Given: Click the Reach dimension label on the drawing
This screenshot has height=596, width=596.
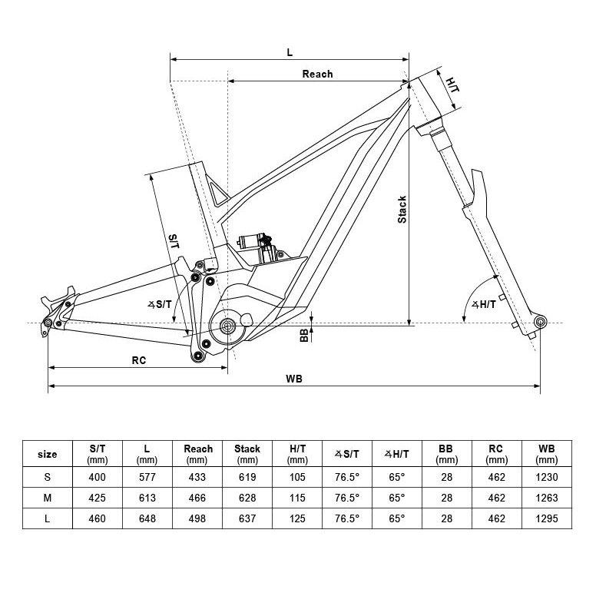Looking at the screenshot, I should pyautogui.click(x=317, y=74).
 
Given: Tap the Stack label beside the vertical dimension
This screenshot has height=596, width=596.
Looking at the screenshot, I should pyautogui.click(x=402, y=210).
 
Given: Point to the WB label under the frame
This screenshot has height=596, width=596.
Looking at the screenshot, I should pyautogui.click(x=293, y=379).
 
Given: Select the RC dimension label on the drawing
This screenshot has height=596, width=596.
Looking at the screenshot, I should pyautogui.click(x=139, y=359).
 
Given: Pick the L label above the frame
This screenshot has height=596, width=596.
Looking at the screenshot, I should pyautogui.click(x=290, y=52).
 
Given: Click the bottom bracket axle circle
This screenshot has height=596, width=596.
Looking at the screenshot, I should pyautogui.click(x=227, y=326).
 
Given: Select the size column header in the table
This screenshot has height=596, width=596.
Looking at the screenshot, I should pyautogui.click(x=47, y=454).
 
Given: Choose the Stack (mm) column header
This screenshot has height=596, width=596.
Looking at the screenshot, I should pyautogui.click(x=247, y=454).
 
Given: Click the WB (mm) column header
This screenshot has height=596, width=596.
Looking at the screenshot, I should pyautogui.click(x=547, y=454).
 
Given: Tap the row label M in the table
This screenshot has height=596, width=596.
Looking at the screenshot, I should pyautogui.click(x=47, y=498).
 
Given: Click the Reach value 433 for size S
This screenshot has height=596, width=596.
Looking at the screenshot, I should pyautogui.click(x=197, y=477).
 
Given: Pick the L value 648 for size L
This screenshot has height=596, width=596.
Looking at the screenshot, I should pyautogui.click(x=147, y=519).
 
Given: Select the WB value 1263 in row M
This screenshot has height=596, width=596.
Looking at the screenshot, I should pyautogui.click(x=547, y=498).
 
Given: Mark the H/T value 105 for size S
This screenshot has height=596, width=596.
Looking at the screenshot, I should pyautogui.click(x=297, y=477).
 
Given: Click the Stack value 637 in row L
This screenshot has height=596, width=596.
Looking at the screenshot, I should pyautogui.click(x=247, y=519).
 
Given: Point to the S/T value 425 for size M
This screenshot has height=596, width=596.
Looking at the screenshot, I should pyautogui.click(x=98, y=498).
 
